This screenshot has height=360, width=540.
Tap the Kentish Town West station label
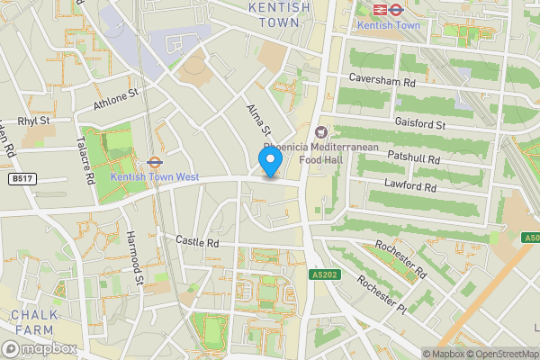click(155, 177)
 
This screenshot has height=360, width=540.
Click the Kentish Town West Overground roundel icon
click(154, 163)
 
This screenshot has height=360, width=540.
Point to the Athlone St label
click(117, 100)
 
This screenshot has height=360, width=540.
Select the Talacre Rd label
click(86, 160)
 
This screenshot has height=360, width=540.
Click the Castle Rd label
click(197, 243)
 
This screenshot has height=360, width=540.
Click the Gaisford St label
click(420, 123)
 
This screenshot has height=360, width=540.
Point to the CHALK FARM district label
click(34, 322)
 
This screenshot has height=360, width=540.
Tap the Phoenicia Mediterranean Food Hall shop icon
click(321, 132)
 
